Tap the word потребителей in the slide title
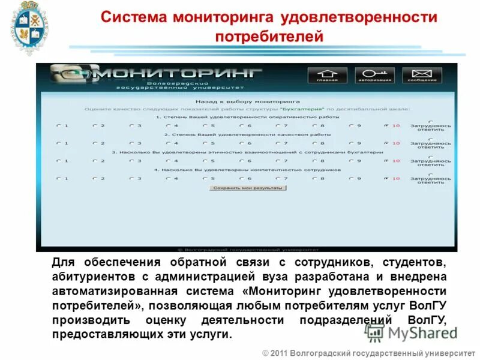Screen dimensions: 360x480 (269, 37)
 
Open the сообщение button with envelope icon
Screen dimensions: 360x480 (422, 75)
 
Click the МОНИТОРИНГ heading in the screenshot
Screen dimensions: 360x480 (180, 73)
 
